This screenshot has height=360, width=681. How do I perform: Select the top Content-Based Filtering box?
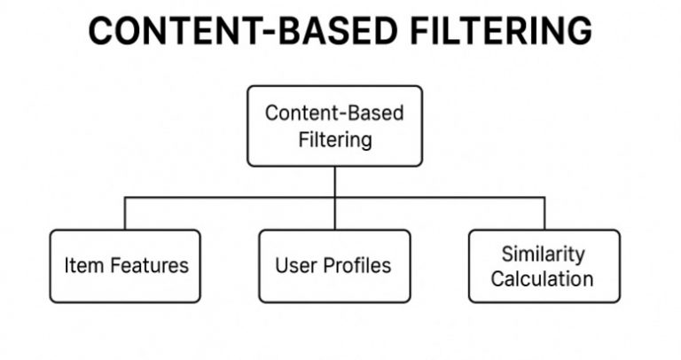tap(334, 126)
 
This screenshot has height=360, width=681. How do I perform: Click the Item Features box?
tap(125, 266)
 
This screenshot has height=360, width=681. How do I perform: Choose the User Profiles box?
tap(334, 266)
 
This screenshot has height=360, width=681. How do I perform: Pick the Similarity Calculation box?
tap(544, 266)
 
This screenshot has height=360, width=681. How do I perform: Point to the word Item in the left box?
tap(78, 266)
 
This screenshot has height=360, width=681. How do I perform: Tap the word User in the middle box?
tap(292, 266)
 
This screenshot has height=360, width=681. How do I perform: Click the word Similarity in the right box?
tap(543, 254)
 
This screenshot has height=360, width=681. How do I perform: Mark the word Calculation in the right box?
tap(543, 278)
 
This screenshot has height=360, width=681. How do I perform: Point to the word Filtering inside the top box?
tap(334, 139)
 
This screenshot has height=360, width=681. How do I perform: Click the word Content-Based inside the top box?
tap(334, 114)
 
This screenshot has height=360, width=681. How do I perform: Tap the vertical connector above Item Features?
tap(125, 214)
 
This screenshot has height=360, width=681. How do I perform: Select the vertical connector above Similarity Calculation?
tap(544, 214)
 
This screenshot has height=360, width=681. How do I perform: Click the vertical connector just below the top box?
tap(334, 181)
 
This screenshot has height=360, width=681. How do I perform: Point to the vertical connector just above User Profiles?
tap(334, 215)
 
